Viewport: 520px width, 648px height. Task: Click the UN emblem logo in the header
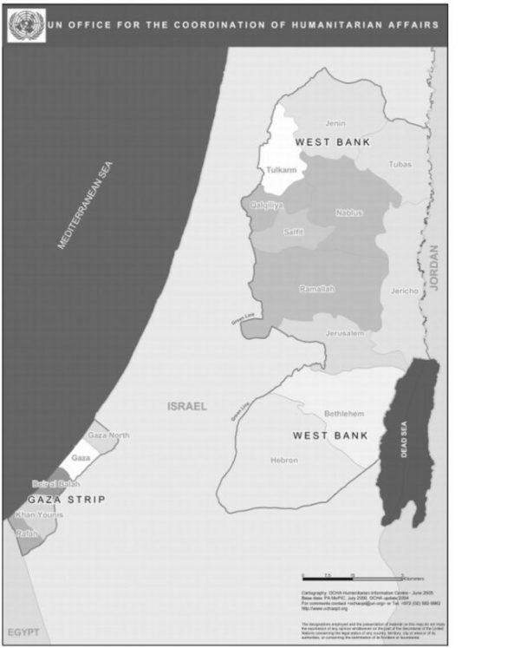[26, 24]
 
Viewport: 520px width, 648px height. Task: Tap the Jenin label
[335, 124]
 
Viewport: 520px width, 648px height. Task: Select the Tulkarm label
[281, 171]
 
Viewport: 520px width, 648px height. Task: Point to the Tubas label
[400, 164]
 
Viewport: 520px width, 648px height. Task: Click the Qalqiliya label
[267, 205]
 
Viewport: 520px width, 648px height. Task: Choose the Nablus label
[348, 213]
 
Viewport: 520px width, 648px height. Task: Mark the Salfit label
[294, 232]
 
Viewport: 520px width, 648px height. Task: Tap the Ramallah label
[316, 289]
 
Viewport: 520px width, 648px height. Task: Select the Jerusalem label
[344, 332]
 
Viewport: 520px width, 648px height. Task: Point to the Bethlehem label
[344, 414]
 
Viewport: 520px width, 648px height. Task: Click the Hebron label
[284, 460]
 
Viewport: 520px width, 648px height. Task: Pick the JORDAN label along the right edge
[435, 267]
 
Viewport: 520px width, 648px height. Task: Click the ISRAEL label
[187, 406]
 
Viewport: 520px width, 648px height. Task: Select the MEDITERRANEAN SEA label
[86, 206]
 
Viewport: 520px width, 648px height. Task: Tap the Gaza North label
[109, 435]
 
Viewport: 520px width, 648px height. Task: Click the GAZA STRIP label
[67, 500]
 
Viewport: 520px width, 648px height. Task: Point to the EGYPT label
[23, 632]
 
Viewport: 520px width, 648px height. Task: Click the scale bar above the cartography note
[351, 576]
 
